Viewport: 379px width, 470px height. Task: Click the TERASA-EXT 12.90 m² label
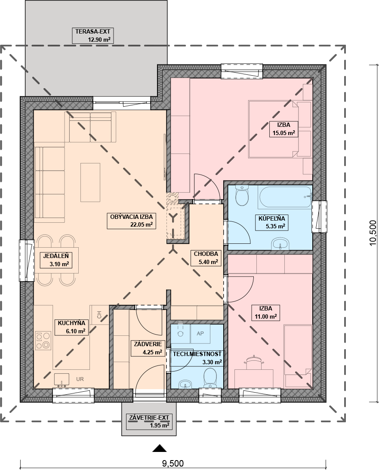pos(92,35)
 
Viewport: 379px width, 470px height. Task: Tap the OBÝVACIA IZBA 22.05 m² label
pos(132,221)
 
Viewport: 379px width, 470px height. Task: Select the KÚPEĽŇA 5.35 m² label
pos(271,222)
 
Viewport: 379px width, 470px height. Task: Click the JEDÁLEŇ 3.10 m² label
pos(56,260)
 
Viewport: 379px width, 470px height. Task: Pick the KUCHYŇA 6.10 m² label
pos(72,327)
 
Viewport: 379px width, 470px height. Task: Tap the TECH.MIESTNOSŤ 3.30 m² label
pos(197,358)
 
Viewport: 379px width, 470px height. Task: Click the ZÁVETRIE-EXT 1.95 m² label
pos(149,421)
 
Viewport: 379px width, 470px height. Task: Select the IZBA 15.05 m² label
pos(283,129)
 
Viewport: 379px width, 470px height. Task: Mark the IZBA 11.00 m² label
pos(266,312)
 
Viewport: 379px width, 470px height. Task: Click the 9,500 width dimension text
pos(173,464)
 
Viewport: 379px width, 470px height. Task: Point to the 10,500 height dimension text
pos(373,233)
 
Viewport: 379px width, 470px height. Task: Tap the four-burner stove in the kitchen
pos(43,341)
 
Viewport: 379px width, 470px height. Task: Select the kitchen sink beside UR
pos(62,380)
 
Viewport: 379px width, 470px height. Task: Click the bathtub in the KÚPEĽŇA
pos(285,197)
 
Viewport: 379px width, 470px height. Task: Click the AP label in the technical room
pos(200,333)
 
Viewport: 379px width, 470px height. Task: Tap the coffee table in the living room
pos(90,183)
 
